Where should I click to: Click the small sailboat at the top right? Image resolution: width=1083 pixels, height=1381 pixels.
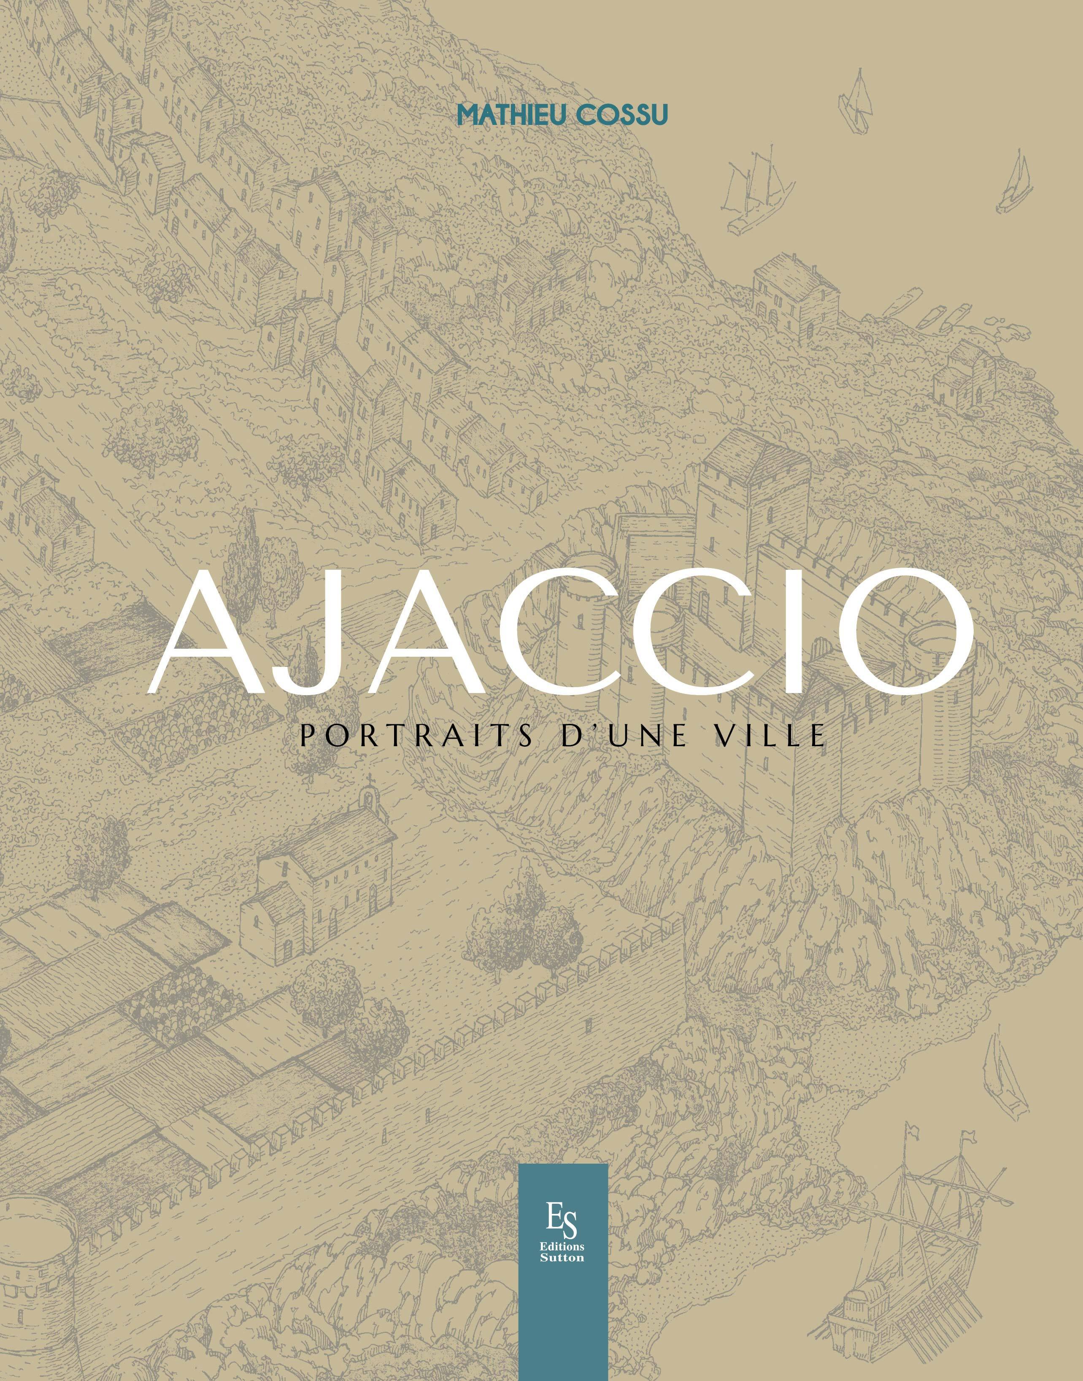pyautogui.click(x=857, y=101)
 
